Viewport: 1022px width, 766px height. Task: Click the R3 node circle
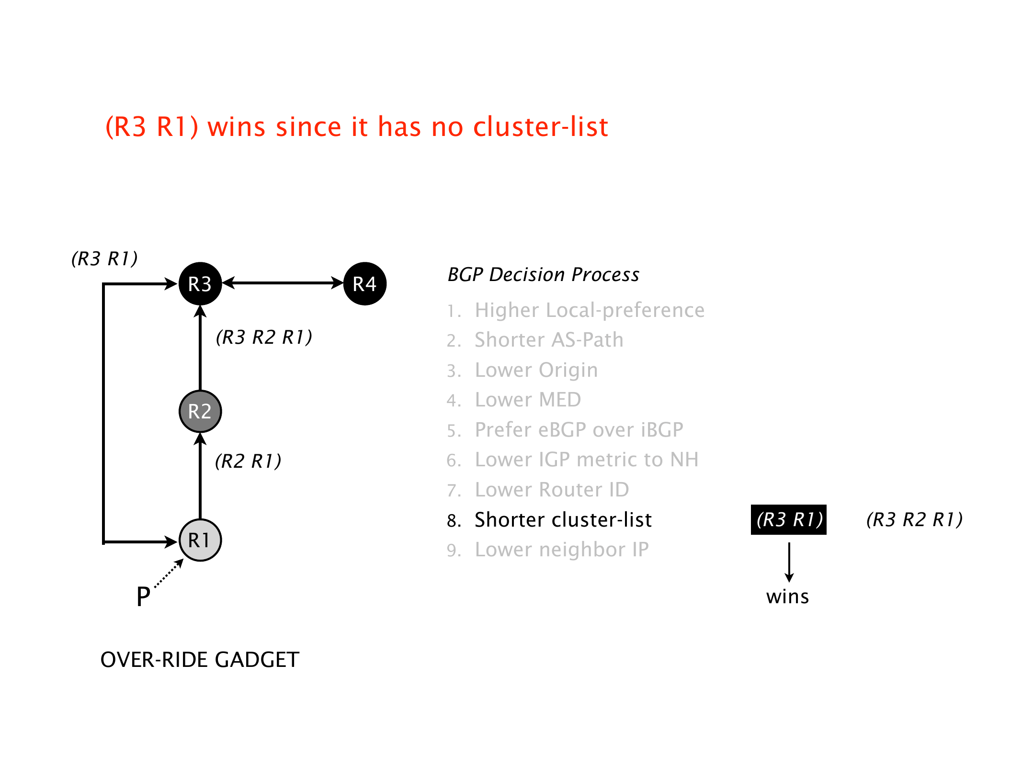click(x=200, y=283)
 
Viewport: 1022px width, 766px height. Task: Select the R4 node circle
click(x=365, y=283)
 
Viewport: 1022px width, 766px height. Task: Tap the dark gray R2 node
click(x=200, y=411)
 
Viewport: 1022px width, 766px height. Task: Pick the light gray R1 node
click(x=200, y=540)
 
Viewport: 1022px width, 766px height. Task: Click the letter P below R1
click(x=143, y=597)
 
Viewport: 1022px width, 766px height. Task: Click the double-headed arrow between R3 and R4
click(x=283, y=283)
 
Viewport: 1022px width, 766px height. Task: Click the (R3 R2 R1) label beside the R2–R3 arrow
click(x=264, y=338)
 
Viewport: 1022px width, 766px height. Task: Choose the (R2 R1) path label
click(x=248, y=461)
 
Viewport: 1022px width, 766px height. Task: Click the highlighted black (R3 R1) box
click(x=789, y=519)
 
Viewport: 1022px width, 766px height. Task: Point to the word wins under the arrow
click(x=787, y=597)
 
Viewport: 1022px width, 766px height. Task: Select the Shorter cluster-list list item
click(x=563, y=520)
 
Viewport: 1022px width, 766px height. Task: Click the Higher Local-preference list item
click(x=589, y=310)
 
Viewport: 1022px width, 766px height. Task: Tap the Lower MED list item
click(x=527, y=400)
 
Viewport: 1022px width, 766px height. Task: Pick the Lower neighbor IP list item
click(x=561, y=550)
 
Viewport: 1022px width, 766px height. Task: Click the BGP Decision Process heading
click(x=543, y=275)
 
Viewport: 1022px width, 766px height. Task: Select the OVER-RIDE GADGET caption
click(x=200, y=660)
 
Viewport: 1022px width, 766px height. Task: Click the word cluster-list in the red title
click(x=540, y=127)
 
